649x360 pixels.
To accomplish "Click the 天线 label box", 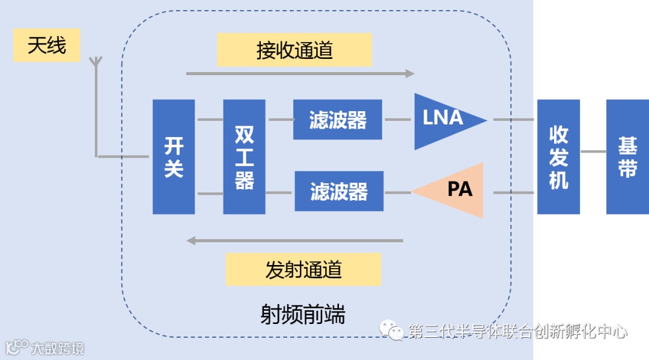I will click(47, 45).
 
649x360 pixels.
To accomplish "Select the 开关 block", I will click(174, 156).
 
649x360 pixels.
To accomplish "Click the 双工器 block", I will click(244, 156).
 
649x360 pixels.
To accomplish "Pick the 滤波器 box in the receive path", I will click(338, 120).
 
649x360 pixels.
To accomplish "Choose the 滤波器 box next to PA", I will click(339, 191).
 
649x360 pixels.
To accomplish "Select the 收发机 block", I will click(558, 156).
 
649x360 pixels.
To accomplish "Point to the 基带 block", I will click(627, 156).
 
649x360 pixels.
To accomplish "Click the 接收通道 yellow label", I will click(294, 50).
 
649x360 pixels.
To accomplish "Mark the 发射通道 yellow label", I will click(303, 269).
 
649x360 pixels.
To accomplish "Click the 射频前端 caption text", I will click(303, 314).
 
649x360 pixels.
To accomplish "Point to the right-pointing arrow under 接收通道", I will click(300, 73).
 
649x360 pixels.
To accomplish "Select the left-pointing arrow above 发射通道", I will click(294, 240).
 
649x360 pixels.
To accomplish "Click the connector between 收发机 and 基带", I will click(593, 151).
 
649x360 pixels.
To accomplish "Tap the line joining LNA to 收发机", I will click(514, 120).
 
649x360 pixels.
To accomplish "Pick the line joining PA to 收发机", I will click(514, 192).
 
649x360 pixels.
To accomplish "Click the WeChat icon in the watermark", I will click(395, 331).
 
